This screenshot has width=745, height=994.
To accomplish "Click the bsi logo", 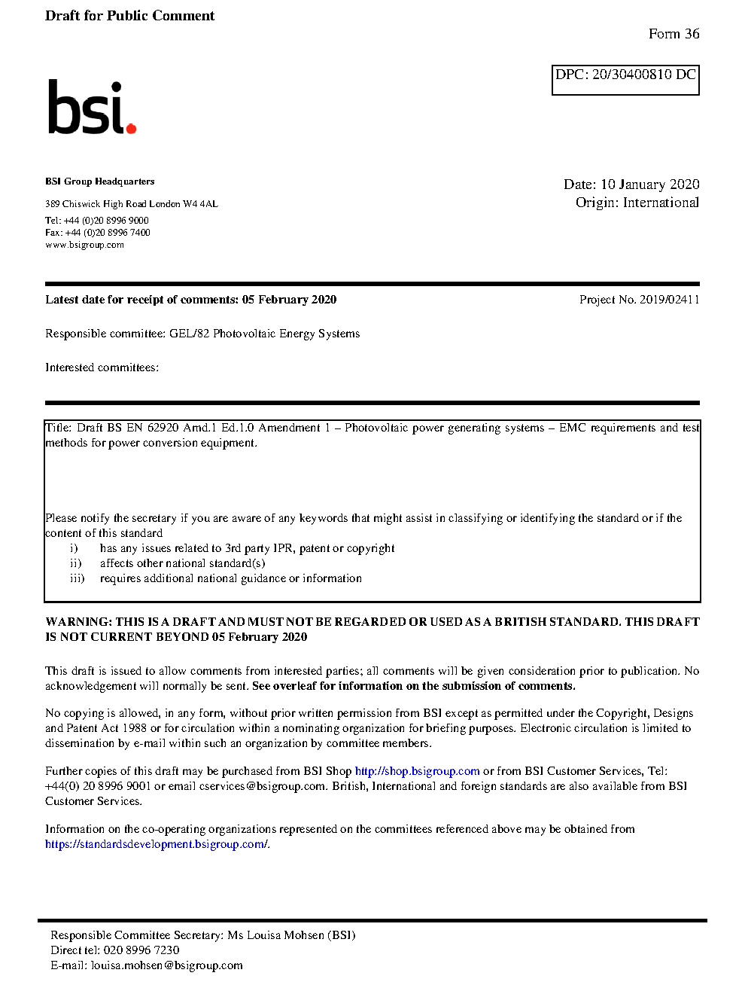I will [91, 108].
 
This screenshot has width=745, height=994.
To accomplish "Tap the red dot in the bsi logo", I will [131, 129].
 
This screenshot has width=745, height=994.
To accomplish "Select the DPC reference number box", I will [625, 80].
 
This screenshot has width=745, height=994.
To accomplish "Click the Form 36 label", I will [674, 34].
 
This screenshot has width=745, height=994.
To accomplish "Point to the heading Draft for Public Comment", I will [129, 16].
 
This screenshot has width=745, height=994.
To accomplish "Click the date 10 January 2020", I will [649, 184].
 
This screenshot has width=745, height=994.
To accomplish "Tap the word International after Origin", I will [661, 203].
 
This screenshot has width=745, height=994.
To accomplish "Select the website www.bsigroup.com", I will [84, 245].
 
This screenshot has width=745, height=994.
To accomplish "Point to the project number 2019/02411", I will [669, 300].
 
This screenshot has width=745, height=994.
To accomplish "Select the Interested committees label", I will [102, 367].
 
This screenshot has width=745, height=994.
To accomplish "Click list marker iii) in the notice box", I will [77, 578].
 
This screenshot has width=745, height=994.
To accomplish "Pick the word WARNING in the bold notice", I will [78, 622].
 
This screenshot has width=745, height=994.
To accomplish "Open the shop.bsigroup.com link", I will [417, 771].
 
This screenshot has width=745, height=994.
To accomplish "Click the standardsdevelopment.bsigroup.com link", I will [156, 844].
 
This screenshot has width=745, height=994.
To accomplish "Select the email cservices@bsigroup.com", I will [263, 786].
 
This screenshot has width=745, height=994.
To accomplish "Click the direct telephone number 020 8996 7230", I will [141, 950].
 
